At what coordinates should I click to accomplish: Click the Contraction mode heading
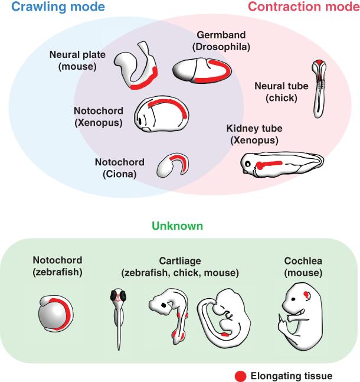point(303,8)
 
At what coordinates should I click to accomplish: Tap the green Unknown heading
point(178,226)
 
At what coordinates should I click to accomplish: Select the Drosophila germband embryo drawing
point(201,71)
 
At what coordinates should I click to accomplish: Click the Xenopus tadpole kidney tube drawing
point(281,166)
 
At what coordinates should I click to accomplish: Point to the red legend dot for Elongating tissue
point(240,375)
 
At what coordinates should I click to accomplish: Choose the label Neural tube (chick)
point(281,91)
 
